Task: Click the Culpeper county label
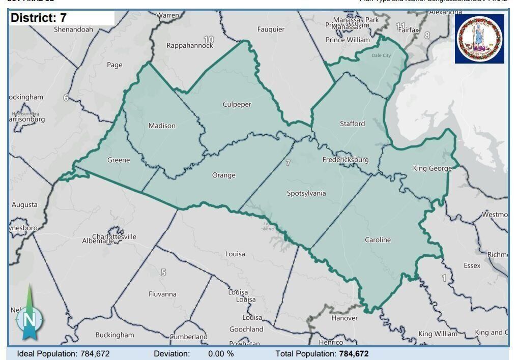(x=237, y=105)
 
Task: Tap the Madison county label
(x=162, y=126)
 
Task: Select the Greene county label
(x=119, y=160)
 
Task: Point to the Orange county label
(x=224, y=175)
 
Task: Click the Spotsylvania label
(x=306, y=193)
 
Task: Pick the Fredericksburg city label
(x=346, y=160)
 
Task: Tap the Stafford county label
(x=352, y=124)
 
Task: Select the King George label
(x=432, y=168)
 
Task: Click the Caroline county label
(x=378, y=240)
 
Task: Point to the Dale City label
(x=381, y=55)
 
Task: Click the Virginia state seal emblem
(x=479, y=39)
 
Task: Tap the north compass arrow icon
(x=30, y=315)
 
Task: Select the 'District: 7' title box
(x=62, y=18)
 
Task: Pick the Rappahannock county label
(x=190, y=45)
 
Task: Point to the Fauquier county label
(x=271, y=29)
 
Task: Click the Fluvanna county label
(x=162, y=294)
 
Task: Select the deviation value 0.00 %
(x=221, y=353)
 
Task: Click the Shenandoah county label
(x=73, y=29)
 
